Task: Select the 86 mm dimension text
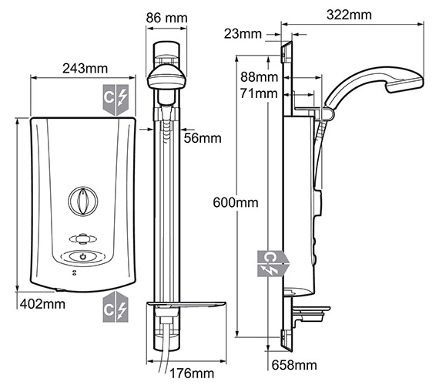[167, 15]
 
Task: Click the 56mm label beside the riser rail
[203, 138]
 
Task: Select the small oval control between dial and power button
[81, 238]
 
